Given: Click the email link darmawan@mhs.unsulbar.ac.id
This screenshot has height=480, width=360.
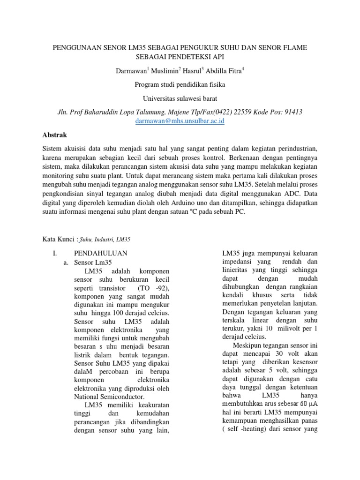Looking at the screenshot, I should pyautogui.click(x=180, y=121).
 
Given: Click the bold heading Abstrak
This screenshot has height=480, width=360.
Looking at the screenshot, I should pyautogui.click(x=55, y=135).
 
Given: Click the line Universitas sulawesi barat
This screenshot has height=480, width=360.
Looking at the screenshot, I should pyautogui.click(x=180, y=98).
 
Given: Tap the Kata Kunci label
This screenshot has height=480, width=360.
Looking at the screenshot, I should pyautogui.click(x=59, y=239).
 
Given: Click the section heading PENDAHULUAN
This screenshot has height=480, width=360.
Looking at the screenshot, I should pyautogui.click(x=101, y=253).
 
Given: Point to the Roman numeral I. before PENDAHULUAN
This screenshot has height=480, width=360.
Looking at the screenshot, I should pyautogui.click(x=54, y=253).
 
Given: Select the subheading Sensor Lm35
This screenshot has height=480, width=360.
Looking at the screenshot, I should pyautogui.click(x=93, y=262).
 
